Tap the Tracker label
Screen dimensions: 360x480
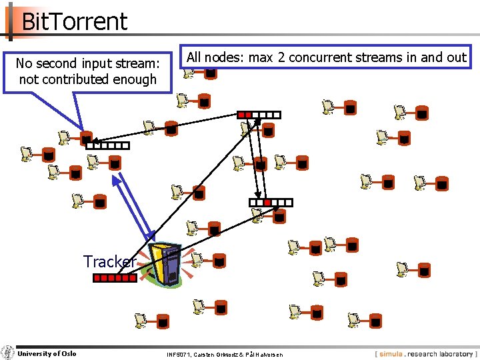110,261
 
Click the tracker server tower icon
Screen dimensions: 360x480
166,265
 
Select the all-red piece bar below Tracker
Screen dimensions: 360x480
114,279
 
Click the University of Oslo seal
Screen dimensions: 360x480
8,353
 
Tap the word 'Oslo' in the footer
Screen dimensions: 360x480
69,353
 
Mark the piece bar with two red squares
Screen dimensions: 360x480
259,115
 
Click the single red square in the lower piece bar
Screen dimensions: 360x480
267,202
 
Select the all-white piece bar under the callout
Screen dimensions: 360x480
107,145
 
